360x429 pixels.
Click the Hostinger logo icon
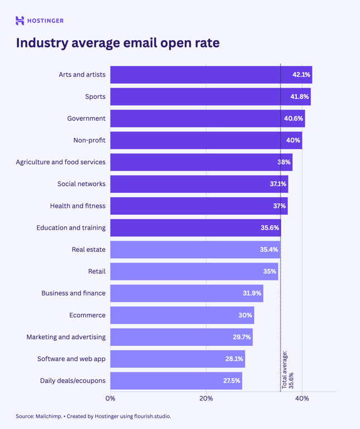[20, 21]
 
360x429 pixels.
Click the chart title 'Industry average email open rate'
[118, 43]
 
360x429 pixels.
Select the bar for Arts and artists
[195, 75]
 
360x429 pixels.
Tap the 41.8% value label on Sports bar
[299, 97]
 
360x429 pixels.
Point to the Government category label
[86, 118]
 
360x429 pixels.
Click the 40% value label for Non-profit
[293, 140]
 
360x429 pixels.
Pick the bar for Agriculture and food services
[195, 162]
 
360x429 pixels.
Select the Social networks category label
[81, 184]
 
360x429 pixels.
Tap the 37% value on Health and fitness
[279, 206]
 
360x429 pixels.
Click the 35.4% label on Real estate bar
[268, 250]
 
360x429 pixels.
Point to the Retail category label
[97, 271]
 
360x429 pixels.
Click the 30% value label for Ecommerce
[245, 315]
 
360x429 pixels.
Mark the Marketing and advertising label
[66, 337]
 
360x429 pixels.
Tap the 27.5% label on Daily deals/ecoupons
[232, 381]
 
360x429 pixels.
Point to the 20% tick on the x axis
[206, 398]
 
